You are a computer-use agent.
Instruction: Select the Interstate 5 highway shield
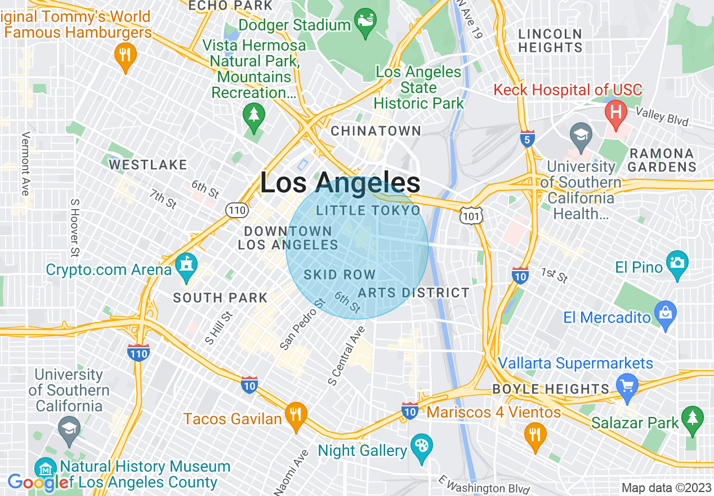pyautogui.click(x=527, y=139)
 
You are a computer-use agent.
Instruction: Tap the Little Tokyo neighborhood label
pyautogui.click(x=368, y=211)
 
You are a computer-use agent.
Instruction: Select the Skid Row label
pyautogui.click(x=340, y=275)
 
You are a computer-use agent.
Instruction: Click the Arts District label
pyautogui.click(x=413, y=293)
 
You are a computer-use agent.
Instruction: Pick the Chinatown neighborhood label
pyautogui.click(x=376, y=131)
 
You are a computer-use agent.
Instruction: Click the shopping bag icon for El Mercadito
pyautogui.click(x=666, y=315)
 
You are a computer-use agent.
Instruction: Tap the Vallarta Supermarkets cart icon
pyautogui.click(x=627, y=387)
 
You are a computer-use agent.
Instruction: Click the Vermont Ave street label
pyautogui.click(x=25, y=164)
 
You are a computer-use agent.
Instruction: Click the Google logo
pyautogui.click(x=38, y=482)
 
